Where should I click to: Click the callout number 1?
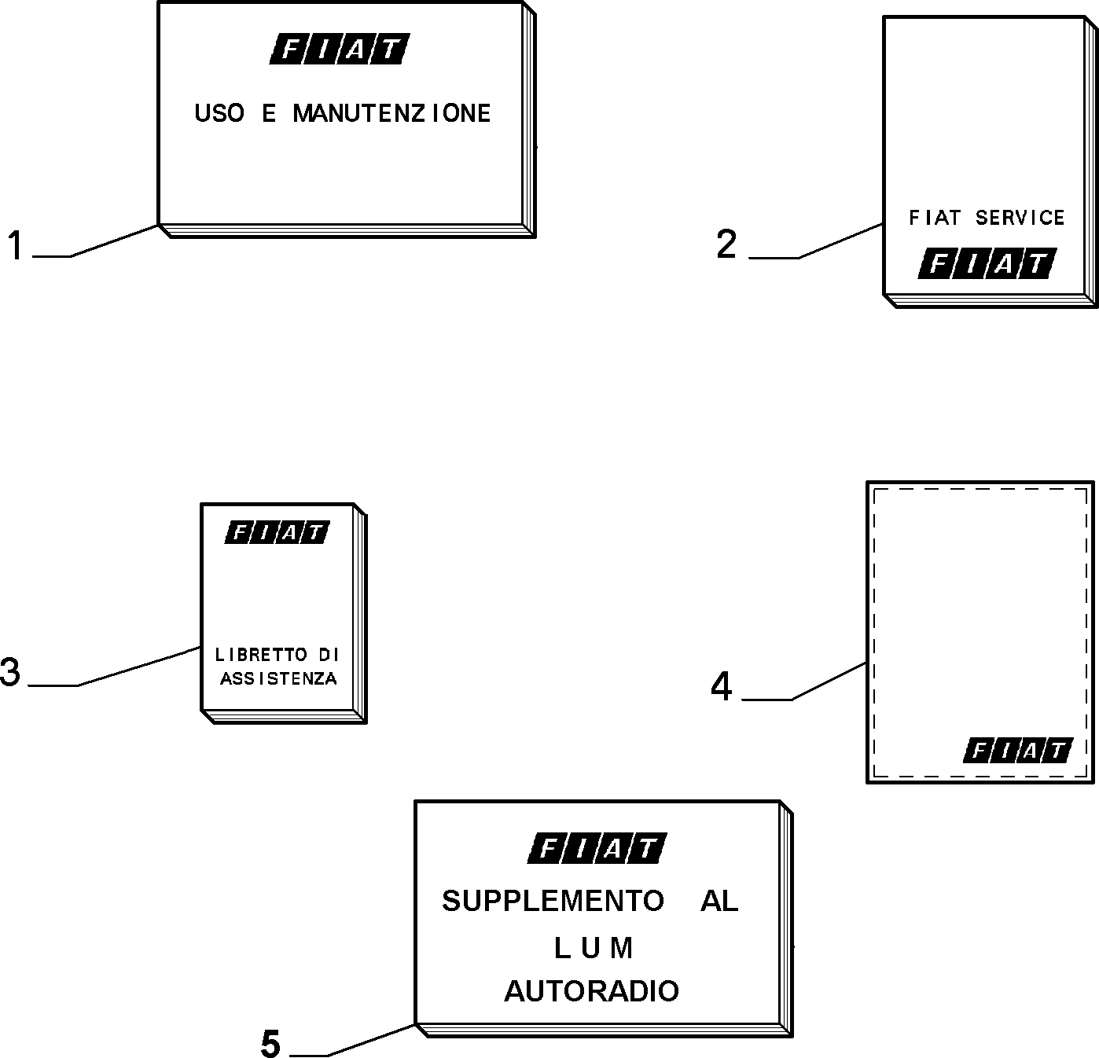point(15,245)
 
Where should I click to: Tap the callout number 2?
point(726,244)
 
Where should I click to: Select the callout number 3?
point(10,672)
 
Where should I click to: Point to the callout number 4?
point(721,686)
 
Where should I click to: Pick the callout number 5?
point(270,1043)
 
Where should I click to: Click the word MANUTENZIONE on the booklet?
point(392,113)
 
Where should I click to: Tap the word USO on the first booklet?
point(219,113)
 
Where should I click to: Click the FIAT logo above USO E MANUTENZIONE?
point(339,49)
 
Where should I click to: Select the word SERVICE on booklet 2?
point(1020,218)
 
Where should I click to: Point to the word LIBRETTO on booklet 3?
point(260,655)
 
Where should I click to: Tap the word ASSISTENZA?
point(278,678)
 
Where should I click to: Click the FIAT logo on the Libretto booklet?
point(277,532)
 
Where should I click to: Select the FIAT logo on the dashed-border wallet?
point(1018,751)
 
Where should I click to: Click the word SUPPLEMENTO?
point(553,901)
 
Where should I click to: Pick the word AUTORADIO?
point(591,991)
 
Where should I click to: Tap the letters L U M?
point(593,948)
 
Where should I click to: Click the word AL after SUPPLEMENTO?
point(719,901)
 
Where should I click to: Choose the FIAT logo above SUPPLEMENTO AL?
point(597,848)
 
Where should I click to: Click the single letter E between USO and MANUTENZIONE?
point(269,113)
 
